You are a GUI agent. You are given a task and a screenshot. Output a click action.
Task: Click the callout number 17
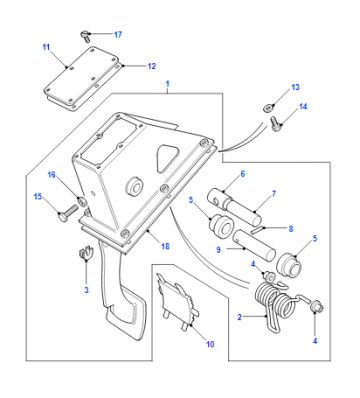pos(118,34)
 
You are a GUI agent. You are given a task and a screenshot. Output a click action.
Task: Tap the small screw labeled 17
pos(84,35)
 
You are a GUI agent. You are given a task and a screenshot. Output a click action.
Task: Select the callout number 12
pos(152,66)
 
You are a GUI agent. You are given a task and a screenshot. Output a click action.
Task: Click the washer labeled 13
pos(269,108)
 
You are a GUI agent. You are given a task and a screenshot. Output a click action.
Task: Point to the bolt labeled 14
pos(276,123)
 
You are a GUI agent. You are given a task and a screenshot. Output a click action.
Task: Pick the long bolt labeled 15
pos(68,212)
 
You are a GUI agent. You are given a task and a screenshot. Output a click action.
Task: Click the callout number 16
pos(51,174)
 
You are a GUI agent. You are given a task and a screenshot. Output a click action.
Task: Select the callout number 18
pos(165,246)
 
